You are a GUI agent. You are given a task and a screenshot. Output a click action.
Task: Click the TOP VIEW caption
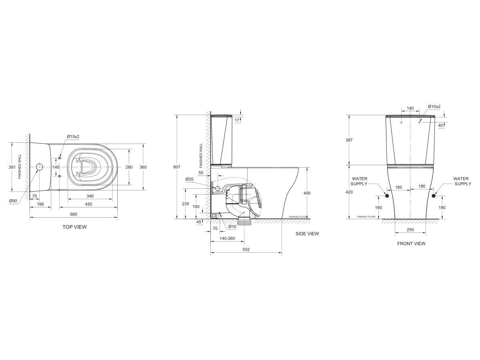(x=74, y=227)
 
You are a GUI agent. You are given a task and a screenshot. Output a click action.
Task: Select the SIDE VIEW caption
(x=307, y=234)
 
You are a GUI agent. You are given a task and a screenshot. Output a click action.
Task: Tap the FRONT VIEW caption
(x=411, y=243)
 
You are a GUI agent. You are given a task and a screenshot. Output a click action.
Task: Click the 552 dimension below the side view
(x=246, y=250)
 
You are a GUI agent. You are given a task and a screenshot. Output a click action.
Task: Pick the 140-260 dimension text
(x=227, y=238)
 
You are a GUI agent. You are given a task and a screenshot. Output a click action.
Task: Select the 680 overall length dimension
(x=74, y=214)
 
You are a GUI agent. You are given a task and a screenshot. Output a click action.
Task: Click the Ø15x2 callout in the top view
(x=73, y=136)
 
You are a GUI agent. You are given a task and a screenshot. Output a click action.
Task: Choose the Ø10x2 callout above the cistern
(x=434, y=106)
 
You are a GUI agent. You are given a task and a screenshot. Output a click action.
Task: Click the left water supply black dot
(x=387, y=196)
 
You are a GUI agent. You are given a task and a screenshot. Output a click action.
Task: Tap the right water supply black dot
(x=434, y=196)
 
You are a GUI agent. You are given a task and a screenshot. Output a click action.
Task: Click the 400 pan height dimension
(x=307, y=193)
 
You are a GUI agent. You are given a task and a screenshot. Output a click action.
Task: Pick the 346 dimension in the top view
(x=90, y=196)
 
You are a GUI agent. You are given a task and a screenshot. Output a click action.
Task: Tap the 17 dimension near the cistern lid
(x=237, y=120)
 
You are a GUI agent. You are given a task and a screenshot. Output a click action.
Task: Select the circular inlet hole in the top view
(x=40, y=167)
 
